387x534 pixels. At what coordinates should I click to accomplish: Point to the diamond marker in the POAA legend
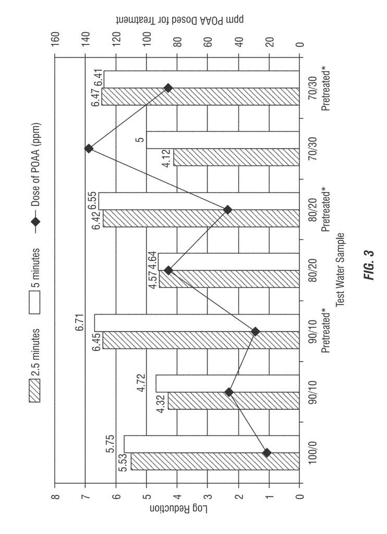(35, 222)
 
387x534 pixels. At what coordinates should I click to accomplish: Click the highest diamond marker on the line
(89, 149)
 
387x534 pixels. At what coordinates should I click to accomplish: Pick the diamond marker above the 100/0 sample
(267, 453)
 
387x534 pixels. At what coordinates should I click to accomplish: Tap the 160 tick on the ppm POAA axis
(55, 38)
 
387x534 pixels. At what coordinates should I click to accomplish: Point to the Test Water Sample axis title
(341, 270)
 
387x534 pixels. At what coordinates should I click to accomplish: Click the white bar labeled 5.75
(212, 444)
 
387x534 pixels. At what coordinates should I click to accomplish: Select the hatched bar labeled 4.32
(234, 400)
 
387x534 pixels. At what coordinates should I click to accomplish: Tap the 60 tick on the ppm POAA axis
(208, 38)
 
